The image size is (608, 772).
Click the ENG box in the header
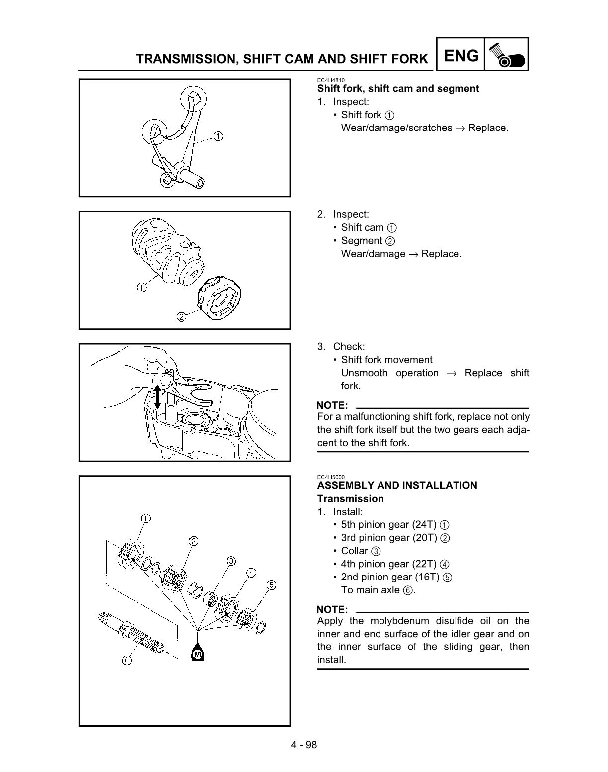point(461,56)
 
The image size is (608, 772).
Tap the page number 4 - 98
point(304,744)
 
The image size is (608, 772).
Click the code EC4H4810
point(331,80)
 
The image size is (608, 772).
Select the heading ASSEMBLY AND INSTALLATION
point(397,485)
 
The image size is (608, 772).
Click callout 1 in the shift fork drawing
point(218,135)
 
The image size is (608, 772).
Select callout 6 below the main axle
point(127,660)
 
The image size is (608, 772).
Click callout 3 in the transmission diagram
point(231,561)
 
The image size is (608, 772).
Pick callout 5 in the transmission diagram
point(271,585)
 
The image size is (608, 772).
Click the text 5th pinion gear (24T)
point(388,524)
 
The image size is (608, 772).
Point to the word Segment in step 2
point(361,241)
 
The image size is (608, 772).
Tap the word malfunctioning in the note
point(378,417)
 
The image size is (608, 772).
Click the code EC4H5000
point(331,477)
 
